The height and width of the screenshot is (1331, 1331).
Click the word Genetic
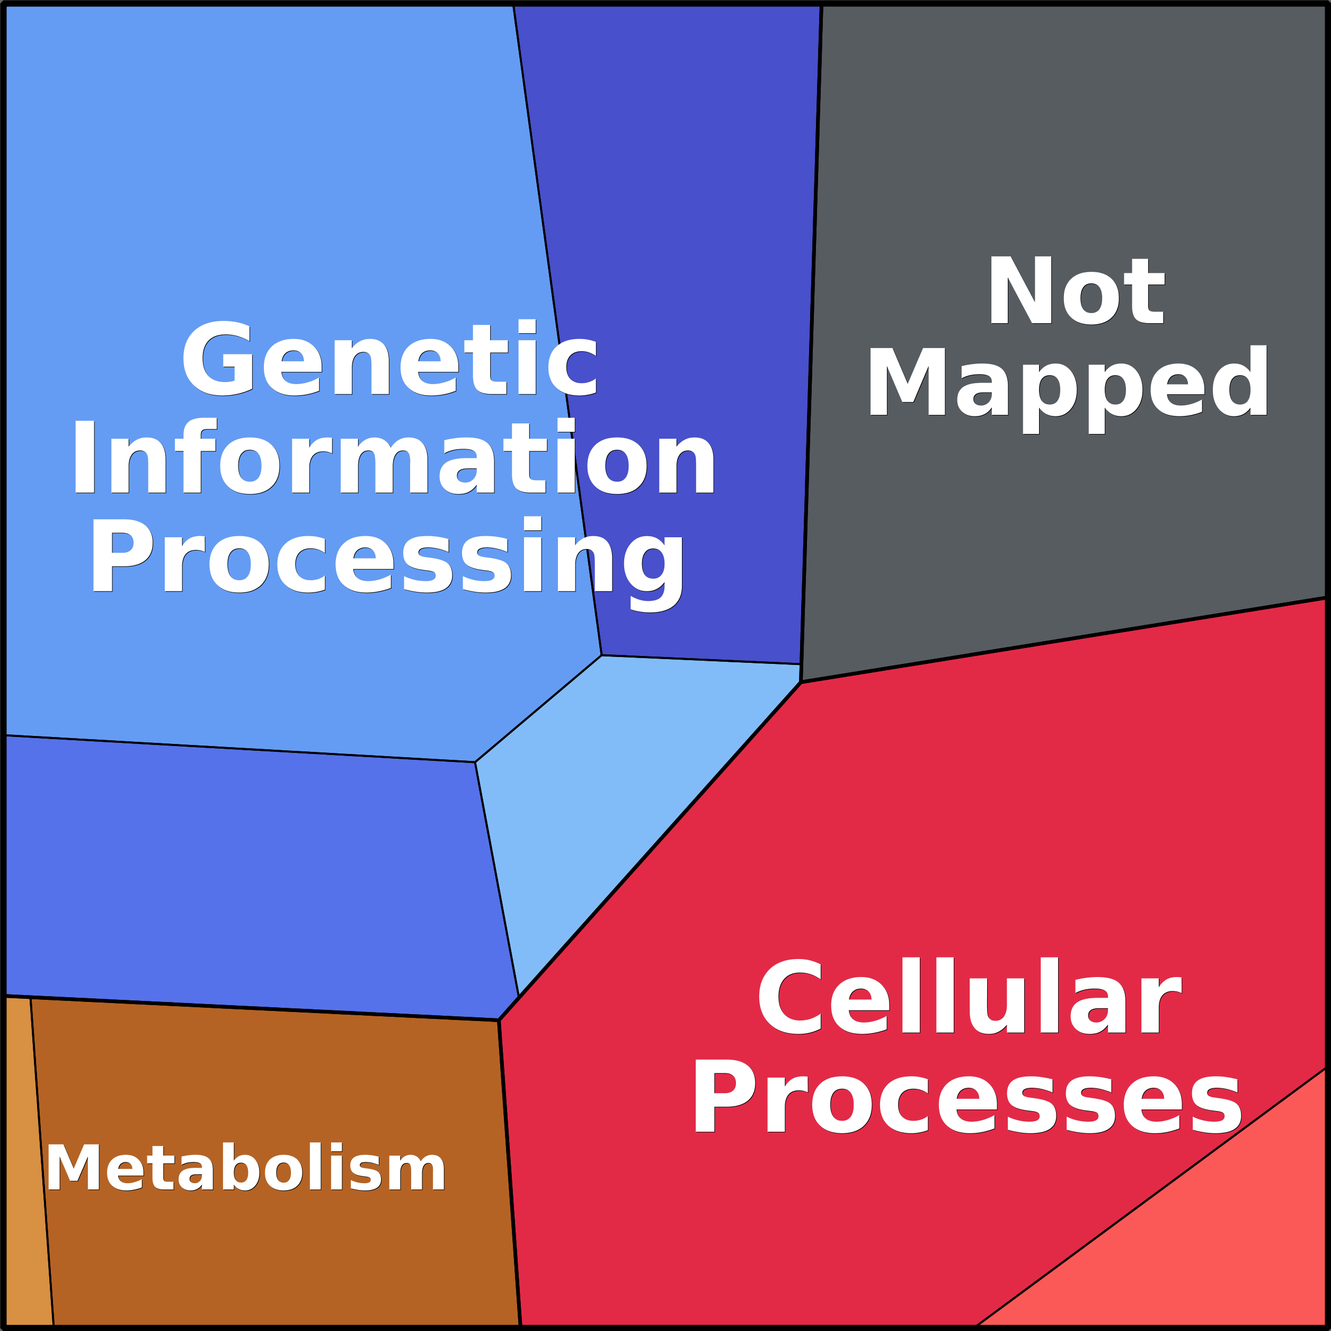(x=390, y=358)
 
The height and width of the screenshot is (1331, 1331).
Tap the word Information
(x=393, y=457)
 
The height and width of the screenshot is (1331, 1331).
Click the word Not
(x=1076, y=290)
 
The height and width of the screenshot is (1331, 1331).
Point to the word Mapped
(x=1068, y=388)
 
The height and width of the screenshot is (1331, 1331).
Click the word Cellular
(x=969, y=996)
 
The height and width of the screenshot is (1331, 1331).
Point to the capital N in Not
(x=1021, y=290)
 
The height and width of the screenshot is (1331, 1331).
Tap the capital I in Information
(x=84, y=457)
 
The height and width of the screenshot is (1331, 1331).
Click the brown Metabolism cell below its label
(x=276, y=1261)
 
